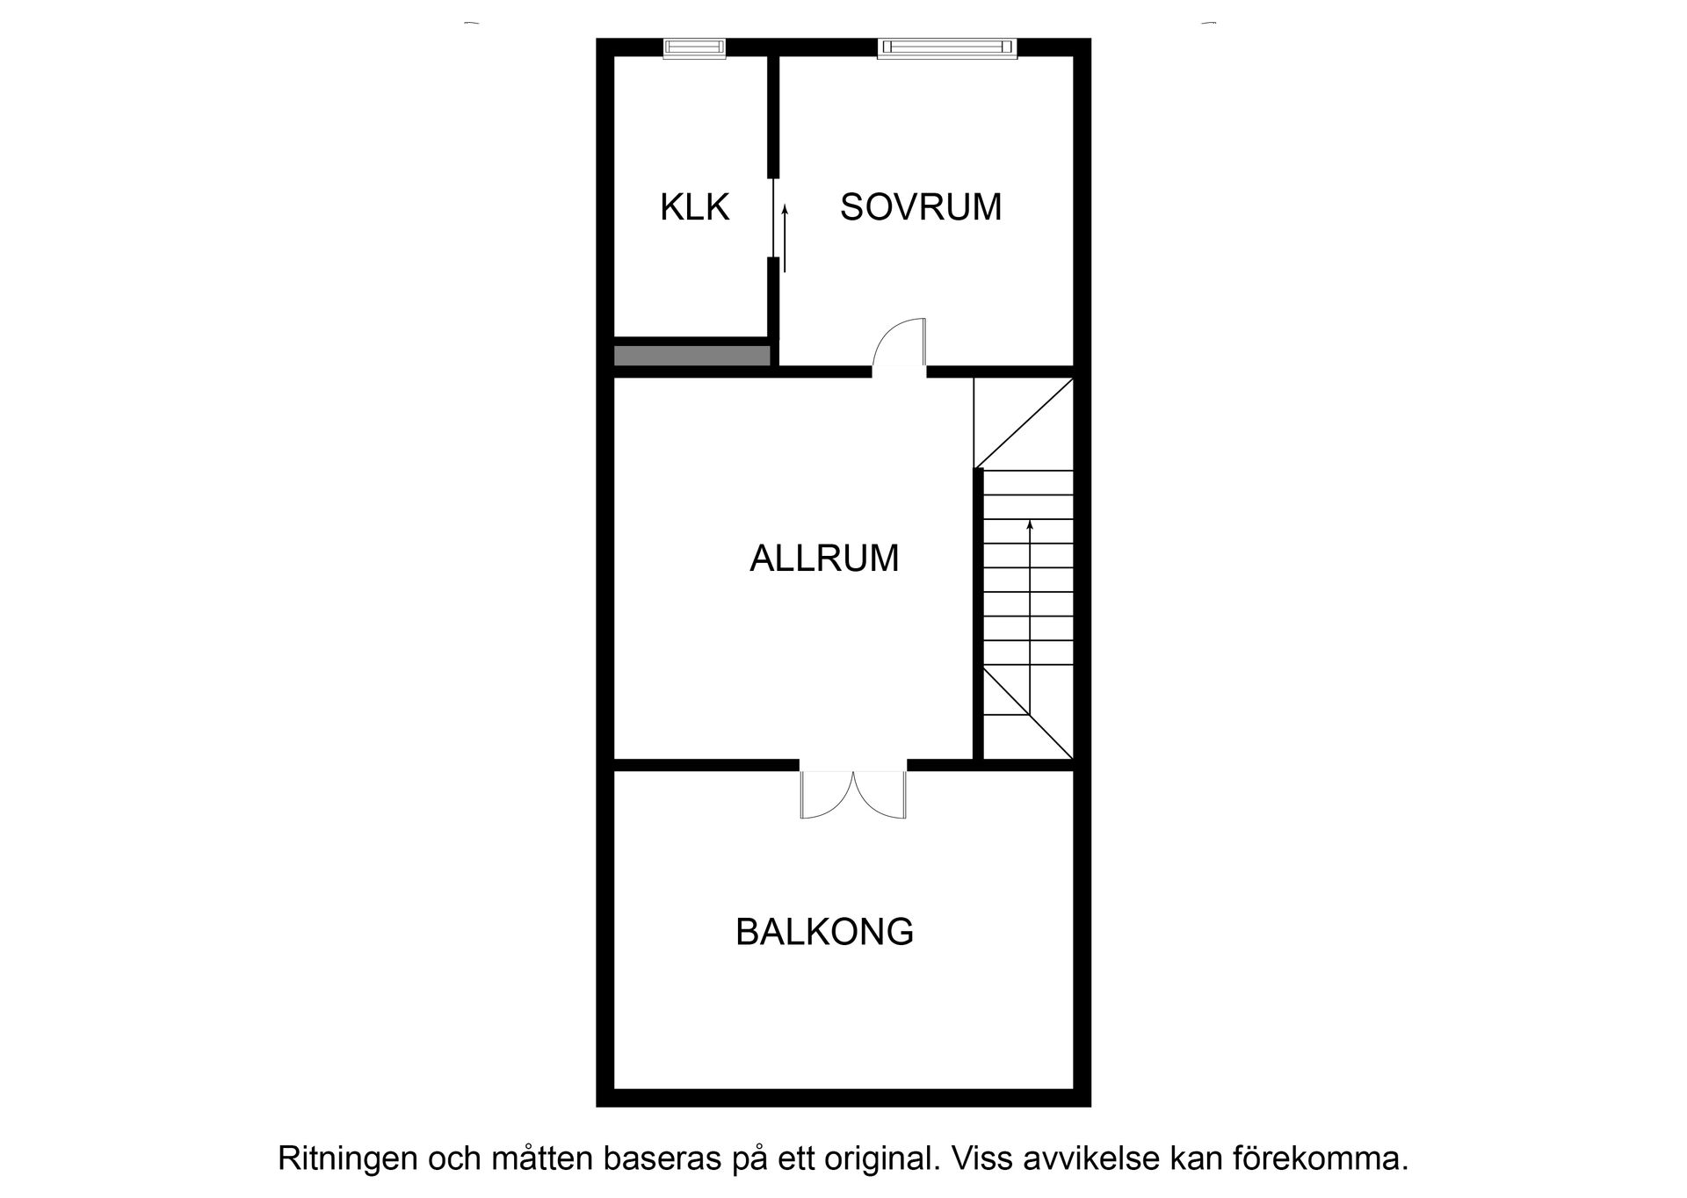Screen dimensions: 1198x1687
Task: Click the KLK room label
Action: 694,207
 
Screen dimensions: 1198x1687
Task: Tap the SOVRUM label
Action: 920,207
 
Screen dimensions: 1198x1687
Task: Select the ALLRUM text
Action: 823,559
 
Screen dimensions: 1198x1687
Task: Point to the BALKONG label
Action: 823,932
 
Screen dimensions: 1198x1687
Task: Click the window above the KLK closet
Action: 694,48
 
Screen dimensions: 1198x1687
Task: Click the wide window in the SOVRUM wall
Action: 946,48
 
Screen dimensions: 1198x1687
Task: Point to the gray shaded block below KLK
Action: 691,356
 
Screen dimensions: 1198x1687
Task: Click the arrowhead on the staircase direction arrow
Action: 1029,525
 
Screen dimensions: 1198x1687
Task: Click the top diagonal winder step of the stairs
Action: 1024,422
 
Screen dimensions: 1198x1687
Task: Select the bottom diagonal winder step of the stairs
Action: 1028,716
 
